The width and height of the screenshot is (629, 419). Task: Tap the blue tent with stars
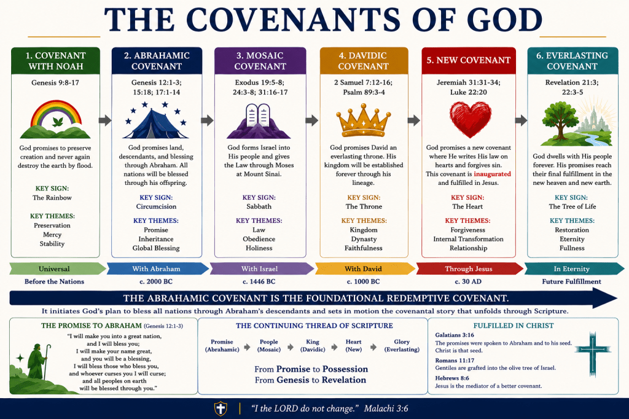point(155,120)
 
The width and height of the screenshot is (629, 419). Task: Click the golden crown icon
point(363,120)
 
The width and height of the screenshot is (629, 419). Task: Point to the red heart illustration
point(470,120)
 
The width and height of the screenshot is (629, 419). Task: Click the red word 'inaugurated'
point(492,174)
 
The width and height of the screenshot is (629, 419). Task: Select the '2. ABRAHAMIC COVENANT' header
point(157,61)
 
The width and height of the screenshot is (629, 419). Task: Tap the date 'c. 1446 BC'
point(259,282)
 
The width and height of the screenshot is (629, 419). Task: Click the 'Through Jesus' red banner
point(469,269)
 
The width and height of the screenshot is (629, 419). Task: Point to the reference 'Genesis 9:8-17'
point(55,83)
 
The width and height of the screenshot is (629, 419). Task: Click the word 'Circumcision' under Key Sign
point(156,206)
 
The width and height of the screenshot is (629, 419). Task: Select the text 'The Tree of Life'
point(572,206)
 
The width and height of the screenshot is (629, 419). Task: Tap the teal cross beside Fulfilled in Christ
point(593,354)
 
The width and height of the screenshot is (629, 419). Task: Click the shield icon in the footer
point(221,409)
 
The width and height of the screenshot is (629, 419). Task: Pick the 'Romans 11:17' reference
point(449,361)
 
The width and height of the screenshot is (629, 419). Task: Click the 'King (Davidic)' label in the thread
point(313,345)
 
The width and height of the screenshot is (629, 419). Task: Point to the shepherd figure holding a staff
point(39,361)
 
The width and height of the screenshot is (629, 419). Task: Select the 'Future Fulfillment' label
point(572,282)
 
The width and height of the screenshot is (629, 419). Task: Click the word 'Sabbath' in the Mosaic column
point(259,206)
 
